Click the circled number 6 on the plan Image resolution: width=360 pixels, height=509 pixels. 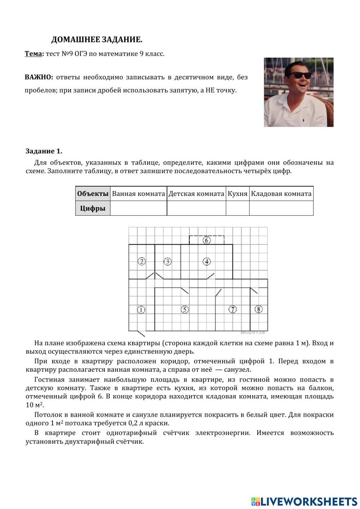[x=207, y=240]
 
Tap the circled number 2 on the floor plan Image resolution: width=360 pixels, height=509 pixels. [x=142, y=262]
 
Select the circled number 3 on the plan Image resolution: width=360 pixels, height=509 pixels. [x=168, y=262]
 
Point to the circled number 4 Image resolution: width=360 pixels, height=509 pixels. [x=207, y=262]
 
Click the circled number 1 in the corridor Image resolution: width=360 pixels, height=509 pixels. [x=141, y=309]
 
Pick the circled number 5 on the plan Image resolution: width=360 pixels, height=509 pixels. [x=185, y=309]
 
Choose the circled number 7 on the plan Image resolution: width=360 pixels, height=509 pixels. [x=233, y=309]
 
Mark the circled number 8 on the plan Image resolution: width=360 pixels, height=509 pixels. [x=258, y=309]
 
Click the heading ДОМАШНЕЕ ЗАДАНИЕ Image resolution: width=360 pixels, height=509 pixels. [x=97, y=40]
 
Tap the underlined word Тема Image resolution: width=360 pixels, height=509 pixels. [x=33, y=54]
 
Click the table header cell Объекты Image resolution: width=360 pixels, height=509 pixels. [x=93, y=194]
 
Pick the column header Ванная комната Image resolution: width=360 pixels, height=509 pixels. [x=138, y=194]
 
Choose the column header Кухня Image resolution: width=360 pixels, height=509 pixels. [x=238, y=194]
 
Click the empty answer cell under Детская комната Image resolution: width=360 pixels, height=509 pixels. [x=196, y=208]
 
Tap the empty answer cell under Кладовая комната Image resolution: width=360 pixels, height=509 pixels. [x=281, y=208]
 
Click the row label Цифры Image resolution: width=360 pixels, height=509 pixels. [x=93, y=208]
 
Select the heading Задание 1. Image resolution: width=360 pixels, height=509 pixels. [x=44, y=151]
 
